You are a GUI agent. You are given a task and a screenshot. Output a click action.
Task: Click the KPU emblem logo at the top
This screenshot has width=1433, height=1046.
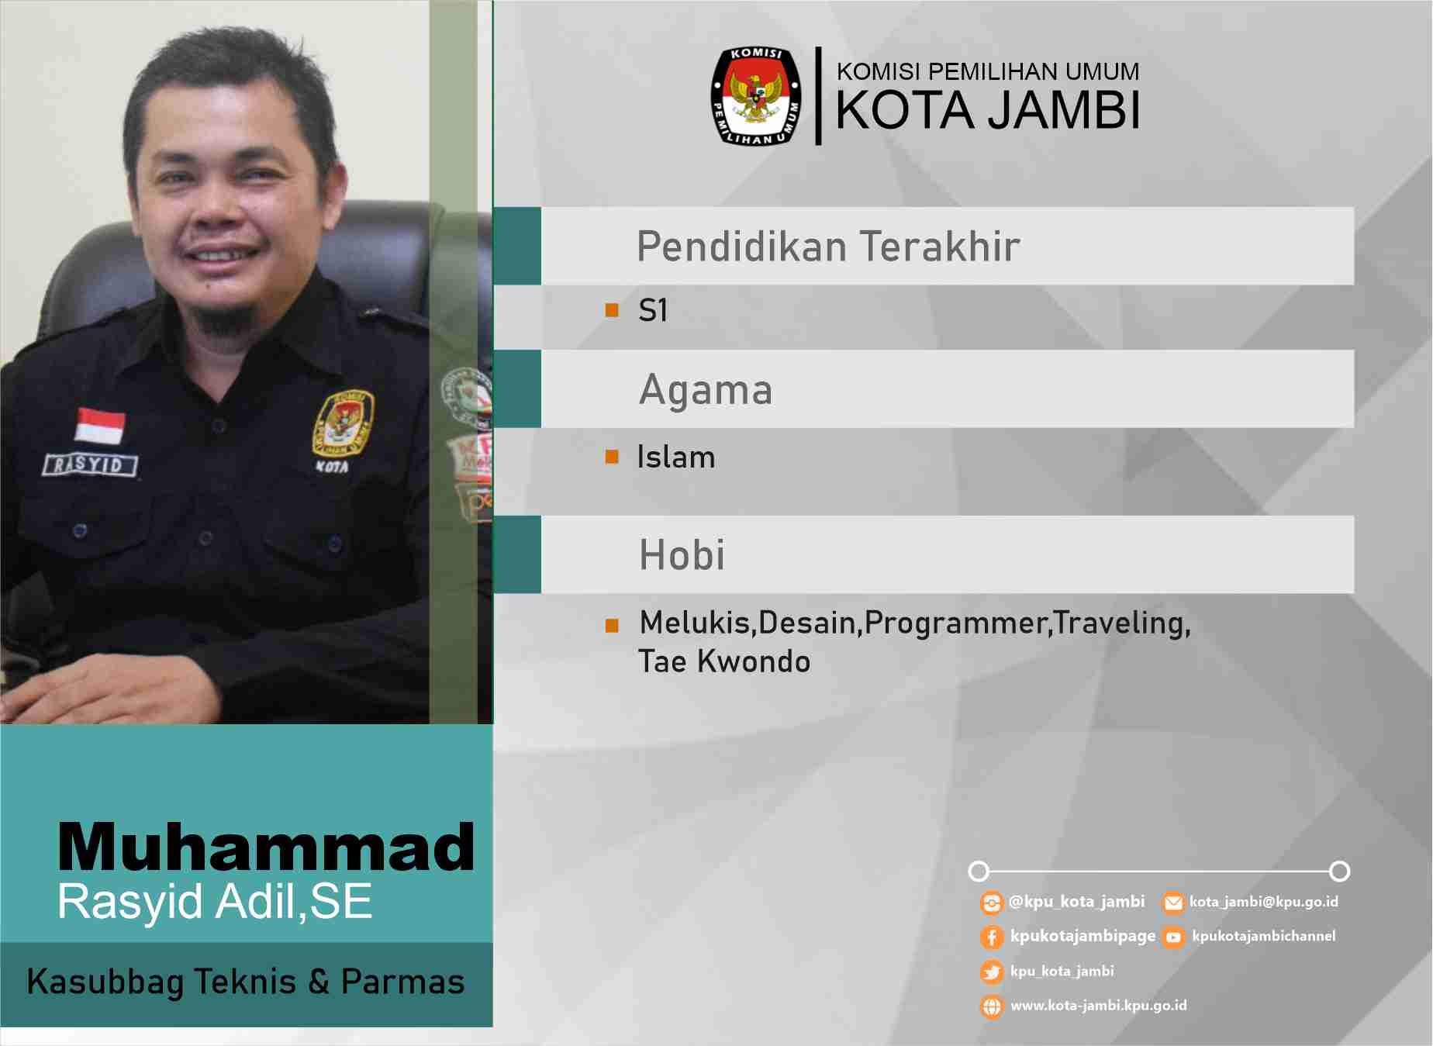point(756,96)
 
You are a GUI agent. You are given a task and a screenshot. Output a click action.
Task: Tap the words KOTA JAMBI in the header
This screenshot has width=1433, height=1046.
point(988,110)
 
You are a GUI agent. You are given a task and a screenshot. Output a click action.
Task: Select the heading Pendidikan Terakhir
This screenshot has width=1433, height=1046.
point(828,247)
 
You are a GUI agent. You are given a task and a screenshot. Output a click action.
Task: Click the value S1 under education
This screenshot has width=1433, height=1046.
point(653,311)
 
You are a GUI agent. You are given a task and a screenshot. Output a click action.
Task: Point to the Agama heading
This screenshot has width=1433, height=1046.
point(706,390)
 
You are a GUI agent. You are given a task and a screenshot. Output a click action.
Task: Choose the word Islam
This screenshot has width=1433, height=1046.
point(676,457)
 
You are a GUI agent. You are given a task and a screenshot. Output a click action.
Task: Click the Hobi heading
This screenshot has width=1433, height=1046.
point(682,555)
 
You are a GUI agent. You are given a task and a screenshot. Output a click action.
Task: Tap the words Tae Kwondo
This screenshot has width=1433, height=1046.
point(724,661)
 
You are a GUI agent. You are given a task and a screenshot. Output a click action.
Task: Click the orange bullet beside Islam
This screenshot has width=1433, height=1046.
point(612,457)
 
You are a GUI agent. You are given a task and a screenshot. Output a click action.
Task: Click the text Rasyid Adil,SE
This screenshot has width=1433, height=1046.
point(216,901)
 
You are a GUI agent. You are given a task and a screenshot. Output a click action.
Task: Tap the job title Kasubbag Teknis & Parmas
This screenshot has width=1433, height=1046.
point(246,982)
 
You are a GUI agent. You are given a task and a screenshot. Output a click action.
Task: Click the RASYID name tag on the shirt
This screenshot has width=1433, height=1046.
point(90,464)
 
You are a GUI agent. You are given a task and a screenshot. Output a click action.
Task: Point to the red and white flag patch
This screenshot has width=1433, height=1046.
point(100,425)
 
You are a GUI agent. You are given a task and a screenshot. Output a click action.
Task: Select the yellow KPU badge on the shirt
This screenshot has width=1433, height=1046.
point(343,422)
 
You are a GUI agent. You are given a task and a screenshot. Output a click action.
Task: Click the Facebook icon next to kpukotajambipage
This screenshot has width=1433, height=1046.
point(992,937)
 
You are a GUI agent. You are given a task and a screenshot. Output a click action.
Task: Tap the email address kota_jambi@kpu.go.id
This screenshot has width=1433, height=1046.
point(1264,902)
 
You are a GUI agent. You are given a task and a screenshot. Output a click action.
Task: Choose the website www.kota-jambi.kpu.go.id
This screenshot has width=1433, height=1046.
point(1099,1006)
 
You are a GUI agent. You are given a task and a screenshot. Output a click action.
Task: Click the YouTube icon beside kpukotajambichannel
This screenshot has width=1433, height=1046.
point(1173,937)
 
